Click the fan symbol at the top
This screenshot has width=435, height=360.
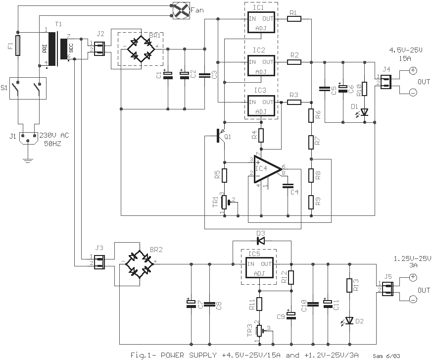[x=180, y=9]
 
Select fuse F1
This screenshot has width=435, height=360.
[x=18, y=45]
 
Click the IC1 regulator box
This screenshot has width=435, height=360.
[x=261, y=21]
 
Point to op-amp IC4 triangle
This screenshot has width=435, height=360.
[x=266, y=170]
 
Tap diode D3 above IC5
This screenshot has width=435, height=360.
[x=261, y=241]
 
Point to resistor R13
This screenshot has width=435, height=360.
[x=349, y=286]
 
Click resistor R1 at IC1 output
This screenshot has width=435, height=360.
[x=294, y=19]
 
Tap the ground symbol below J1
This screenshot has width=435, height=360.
[x=28, y=159]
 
